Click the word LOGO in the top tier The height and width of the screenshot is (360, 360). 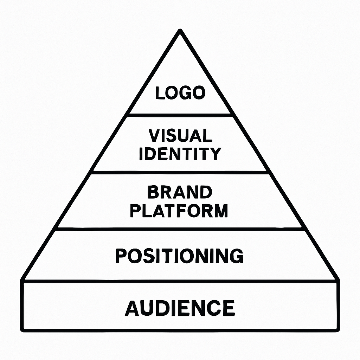(x=180, y=93)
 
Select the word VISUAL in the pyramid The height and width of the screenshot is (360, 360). (x=180, y=135)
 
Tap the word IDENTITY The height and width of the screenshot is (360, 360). (x=180, y=154)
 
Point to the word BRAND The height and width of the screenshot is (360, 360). (x=180, y=192)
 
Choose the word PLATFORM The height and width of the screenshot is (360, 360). (x=179, y=210)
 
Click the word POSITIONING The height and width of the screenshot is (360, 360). (x=179, y=256)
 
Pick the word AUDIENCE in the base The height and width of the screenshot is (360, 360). (x=180, y=308)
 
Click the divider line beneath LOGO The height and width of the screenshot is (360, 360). (x=180, y=114)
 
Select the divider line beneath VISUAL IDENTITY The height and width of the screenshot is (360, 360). (x=180, y=172)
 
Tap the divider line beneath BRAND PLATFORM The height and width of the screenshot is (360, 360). (x=180, y=229)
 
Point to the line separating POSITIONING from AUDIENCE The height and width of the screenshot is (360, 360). (x=180, y=281)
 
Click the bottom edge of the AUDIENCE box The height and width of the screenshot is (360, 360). (x=180, y=330)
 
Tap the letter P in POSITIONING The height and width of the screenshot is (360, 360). (x=121, y=256)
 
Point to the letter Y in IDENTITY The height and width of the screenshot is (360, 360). (x=215, y=154)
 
